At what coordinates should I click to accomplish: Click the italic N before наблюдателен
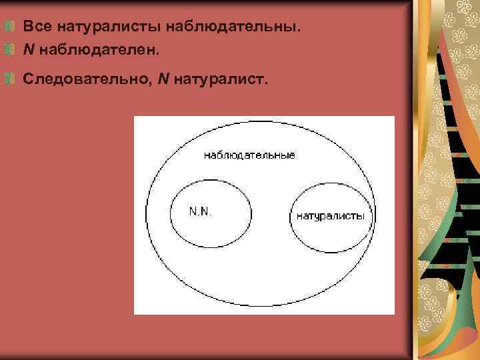point(28,49)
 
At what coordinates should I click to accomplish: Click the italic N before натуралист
point(163,80)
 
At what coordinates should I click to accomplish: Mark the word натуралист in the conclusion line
point(219,80)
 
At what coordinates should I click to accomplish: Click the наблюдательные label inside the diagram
point(249,155)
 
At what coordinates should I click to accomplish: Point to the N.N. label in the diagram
point(201,211)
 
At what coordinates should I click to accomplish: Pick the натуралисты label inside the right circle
point(330,216)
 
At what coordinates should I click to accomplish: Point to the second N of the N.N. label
point(205,211)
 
